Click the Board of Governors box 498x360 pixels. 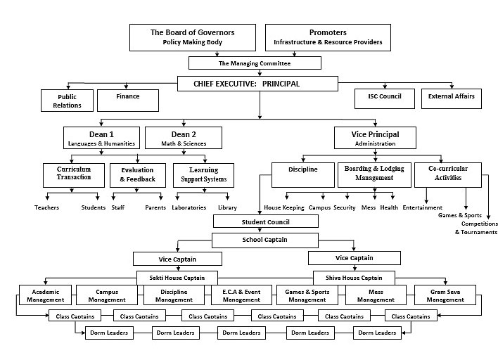click(x=192, y=37)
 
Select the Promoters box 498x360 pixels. click(x=328, y=37)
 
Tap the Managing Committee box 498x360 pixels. click(x=255, y=63)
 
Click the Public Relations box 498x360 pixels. click(x=67, y=101)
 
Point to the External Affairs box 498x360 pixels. click(x=451, y=98)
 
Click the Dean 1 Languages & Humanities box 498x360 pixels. click(x=102, y=138)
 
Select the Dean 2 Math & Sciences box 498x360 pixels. click(x=183, y=138)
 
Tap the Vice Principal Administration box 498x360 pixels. click(x=374, y=138)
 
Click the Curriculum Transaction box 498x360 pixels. click(x=74, y=174)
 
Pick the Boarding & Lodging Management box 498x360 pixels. click(x=373, y=174)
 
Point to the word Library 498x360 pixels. click(x=227, y=208)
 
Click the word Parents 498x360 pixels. click(x=155, y=208)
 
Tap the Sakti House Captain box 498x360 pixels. click(x=176, y=277)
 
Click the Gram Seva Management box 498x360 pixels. click(x=446, y=295)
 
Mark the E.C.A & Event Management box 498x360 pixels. click(x=241, y=295)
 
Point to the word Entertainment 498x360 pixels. click(x=422, y=208)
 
